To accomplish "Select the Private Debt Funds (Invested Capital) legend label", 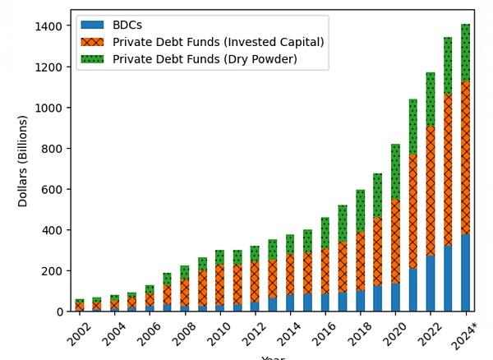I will tap(218, 42).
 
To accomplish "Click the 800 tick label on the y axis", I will tap(52, 149).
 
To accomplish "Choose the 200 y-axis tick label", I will tap(52, 271).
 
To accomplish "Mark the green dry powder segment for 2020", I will tap(396, 172).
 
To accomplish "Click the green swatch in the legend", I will tap(90, 58).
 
